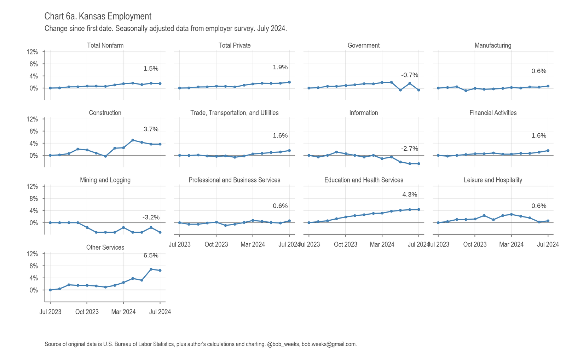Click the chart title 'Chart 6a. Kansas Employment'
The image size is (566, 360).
click(98, 16)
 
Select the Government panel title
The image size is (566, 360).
click(363, 45)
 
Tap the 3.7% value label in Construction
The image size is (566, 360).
click(151, 129)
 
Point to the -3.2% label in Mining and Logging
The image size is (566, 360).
click(151, 217)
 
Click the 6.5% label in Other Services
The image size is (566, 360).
click(151, 255)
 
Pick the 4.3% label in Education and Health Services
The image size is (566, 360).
click(409, 194)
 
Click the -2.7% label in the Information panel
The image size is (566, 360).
click(409, 149)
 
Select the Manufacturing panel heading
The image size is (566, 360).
click(493, 45)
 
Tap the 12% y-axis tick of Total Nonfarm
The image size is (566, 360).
click(32, 52)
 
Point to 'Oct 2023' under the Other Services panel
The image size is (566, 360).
click(87, 312)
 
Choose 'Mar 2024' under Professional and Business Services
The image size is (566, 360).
click(253, 244)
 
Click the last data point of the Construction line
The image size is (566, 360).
click(160, 144)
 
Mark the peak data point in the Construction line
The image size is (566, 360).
click(132, 140)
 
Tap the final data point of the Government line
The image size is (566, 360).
click(418, 90)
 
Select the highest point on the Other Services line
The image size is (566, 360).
click(151, 269)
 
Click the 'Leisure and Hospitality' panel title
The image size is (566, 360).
click(493, 180)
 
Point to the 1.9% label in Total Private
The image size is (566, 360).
click(280, 67)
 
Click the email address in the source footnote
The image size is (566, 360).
click(329, 344)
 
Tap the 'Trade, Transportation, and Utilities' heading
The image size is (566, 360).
click(234, 113)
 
